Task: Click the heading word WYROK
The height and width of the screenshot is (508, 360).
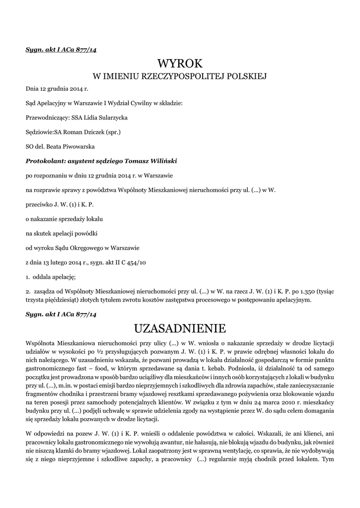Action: pos(180,63)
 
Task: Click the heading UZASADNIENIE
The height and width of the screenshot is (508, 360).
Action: pos(180,329)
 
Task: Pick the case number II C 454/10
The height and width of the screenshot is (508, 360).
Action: pos(131,262)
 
